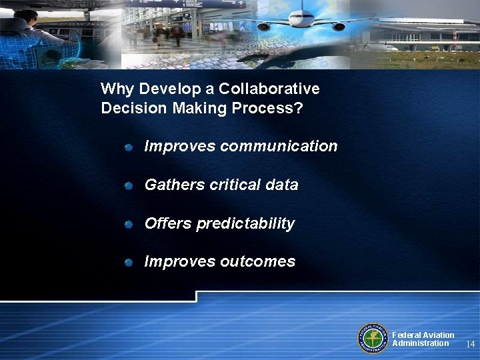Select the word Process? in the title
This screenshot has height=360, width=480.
click(x=269, y=108)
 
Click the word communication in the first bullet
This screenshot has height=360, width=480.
click(x=279, y=146)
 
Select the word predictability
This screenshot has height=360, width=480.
click(x=245, y=223)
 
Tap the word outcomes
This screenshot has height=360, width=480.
click(x=257, y=261)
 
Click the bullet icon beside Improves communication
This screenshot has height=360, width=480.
click(x=129, y=147)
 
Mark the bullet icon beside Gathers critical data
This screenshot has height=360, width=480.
click(x=129, y=185)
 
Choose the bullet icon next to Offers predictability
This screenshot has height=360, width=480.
click(x=129, y=224)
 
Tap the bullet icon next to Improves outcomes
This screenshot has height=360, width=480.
click(x=129, y=262)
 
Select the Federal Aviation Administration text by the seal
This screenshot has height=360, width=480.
click(x=423, y=339)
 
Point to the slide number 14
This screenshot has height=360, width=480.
click(x=471, y=344)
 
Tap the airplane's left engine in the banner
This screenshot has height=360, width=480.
click(x=264, y=27)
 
